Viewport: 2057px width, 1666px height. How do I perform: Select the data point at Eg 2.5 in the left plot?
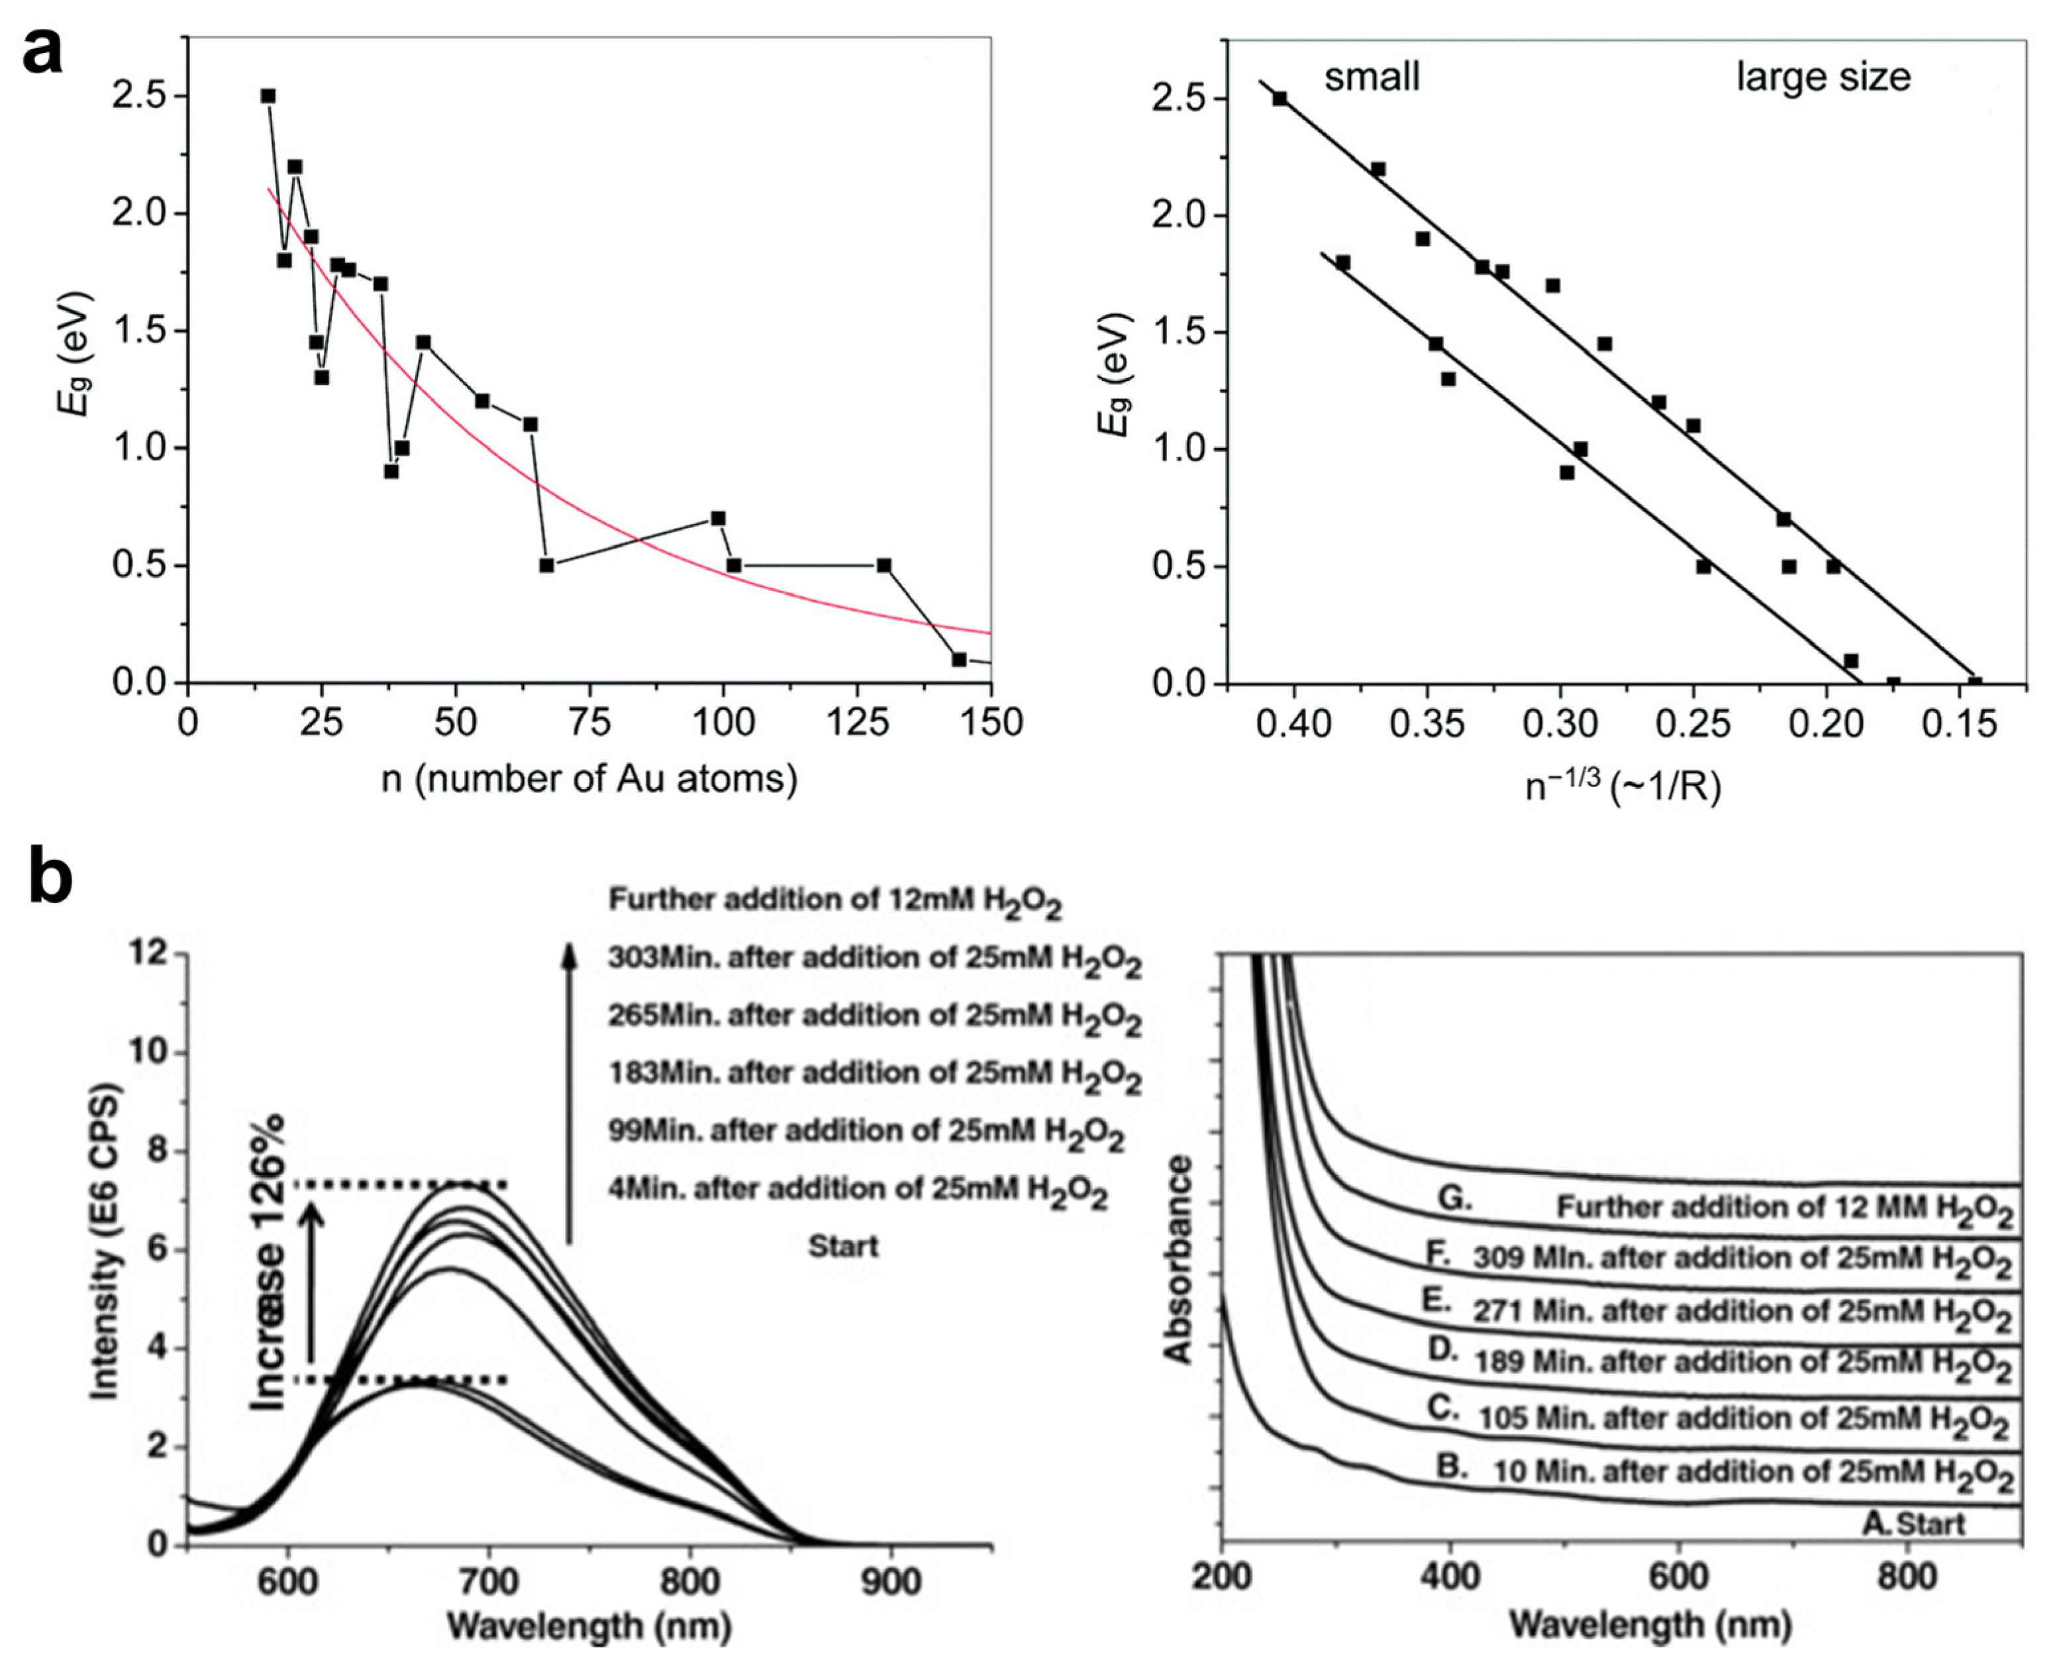269,96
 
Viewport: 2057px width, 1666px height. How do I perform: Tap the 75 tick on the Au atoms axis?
589,721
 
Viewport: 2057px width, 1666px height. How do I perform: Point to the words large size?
1823,77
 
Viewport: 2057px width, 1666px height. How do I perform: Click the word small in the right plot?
1372,77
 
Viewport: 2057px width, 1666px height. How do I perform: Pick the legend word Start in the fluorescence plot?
842,1247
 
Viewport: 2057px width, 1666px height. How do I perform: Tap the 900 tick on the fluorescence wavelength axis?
889,1581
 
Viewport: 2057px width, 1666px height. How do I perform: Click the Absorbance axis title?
1178,1260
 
